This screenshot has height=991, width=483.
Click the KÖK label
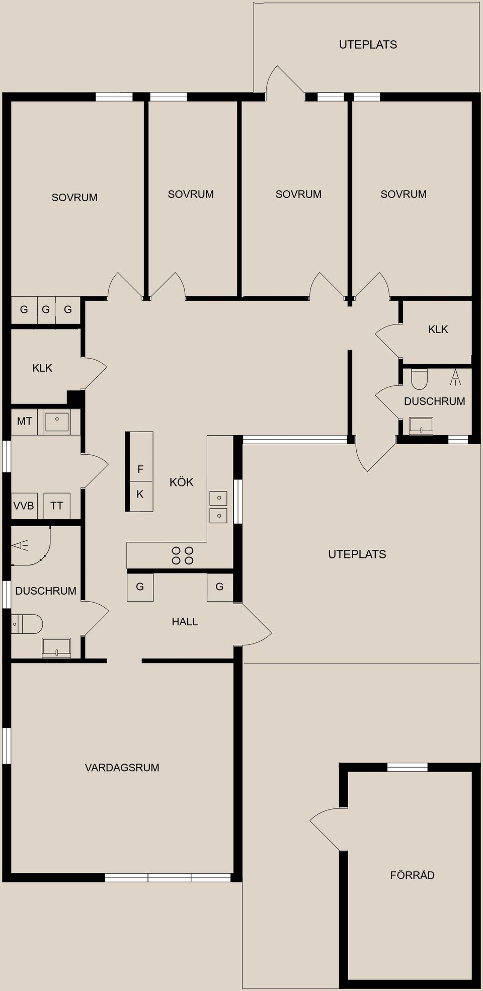(x=182, y=482)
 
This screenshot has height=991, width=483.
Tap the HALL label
(x=185, y=622)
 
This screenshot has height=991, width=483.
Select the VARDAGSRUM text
(x=122, y=768)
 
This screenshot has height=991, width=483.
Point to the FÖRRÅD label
(x=412, y=875)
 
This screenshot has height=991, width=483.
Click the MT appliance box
(x=24, y=422)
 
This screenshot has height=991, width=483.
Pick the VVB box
(x=24, y=506)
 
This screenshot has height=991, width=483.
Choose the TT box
(x=57, y=506)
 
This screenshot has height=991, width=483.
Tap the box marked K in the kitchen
(x=140, y=497)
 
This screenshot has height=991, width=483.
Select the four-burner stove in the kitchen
(x=182, y=555)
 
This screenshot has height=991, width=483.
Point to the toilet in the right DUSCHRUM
(x=419, y=379)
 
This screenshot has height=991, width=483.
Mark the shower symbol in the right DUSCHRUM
(x=455, y=377)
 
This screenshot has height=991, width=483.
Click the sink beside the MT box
(x=57, y=422)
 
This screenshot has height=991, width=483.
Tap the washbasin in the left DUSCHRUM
(x=56, y=648)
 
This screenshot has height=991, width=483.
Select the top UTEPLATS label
(x=368, y=45)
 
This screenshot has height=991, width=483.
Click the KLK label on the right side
(x=438, y=329)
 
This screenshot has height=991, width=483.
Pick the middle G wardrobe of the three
(x=46, y=310)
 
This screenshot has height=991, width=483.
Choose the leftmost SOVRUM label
(x=74, y=198)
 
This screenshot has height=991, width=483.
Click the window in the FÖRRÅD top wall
(x=408, y=767)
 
